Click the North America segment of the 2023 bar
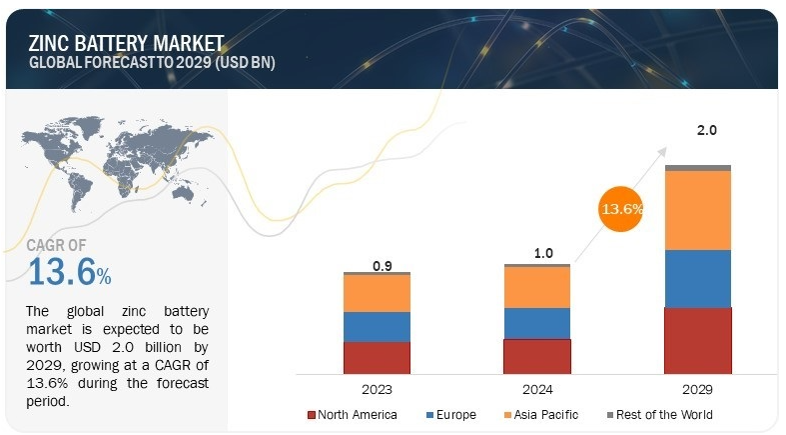click(377, 357)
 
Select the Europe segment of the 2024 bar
click(537, 323)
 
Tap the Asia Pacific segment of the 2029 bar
click(698, 210)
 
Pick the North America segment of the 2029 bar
click(698, 340)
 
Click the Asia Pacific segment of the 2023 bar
click(377, 293)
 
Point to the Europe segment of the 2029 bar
click(698, 278)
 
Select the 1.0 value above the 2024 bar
click(542, 254)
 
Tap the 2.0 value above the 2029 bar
click(706, 130)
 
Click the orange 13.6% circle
click(621, 210)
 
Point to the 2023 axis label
click(377, 389)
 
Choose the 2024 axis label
click(537, 389)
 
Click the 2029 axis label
click(698, 389)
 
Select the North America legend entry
click(356, 414)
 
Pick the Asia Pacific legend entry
click(542, 414)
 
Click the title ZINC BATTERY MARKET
click(126, 43)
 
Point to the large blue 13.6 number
click(62, 271)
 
